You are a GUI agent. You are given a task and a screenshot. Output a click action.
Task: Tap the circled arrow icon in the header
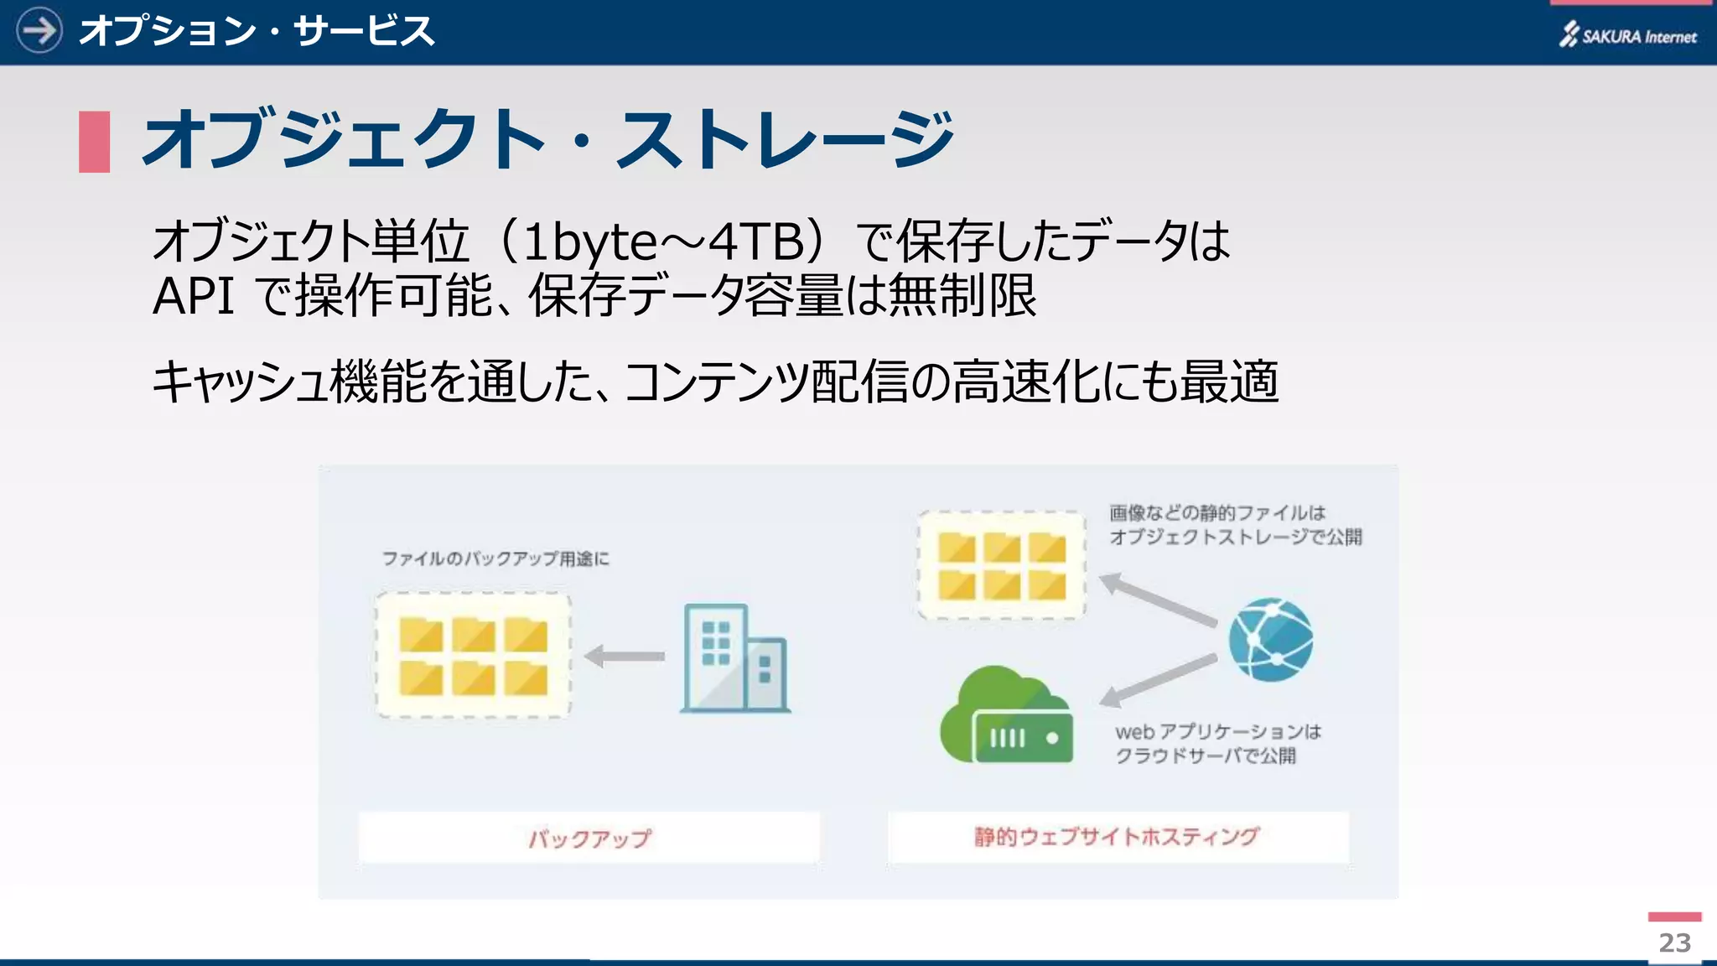point(39,31)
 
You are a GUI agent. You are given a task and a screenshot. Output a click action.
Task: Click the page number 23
point(1674,943)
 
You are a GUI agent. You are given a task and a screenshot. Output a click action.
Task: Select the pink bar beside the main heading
point(94,142)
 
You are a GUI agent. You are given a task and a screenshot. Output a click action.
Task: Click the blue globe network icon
point(1270,639)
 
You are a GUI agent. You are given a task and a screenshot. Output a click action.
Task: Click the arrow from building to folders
point(625,656)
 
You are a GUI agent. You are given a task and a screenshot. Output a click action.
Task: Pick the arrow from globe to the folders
point(1158,599)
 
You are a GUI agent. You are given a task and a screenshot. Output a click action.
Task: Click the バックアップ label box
point(589,837)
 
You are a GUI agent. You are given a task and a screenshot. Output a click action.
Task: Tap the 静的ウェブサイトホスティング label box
point(1118,836)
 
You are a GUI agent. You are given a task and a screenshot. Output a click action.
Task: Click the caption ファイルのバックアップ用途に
point(495,558)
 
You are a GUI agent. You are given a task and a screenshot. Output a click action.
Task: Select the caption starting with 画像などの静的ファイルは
point(1235,524)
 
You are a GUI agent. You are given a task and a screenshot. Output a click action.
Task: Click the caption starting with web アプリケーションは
point(1217,743)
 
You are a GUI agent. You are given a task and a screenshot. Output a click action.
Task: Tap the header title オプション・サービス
point(257,32)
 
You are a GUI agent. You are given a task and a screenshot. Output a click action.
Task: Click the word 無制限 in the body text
point(962,296)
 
